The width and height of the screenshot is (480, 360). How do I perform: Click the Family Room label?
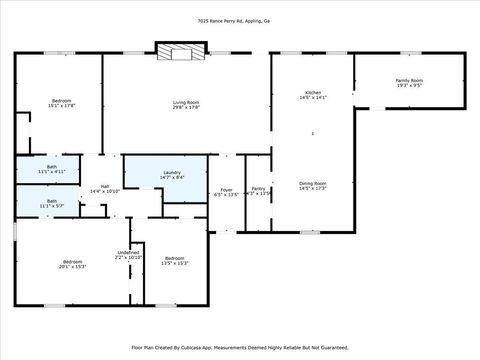(409, 80)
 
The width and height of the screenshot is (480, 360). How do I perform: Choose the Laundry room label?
(172, 172)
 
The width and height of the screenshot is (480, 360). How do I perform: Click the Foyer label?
(227, 189)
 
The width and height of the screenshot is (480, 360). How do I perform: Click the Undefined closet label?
(129, 252)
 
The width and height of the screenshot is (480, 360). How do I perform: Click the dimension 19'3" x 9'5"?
(409, 86)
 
